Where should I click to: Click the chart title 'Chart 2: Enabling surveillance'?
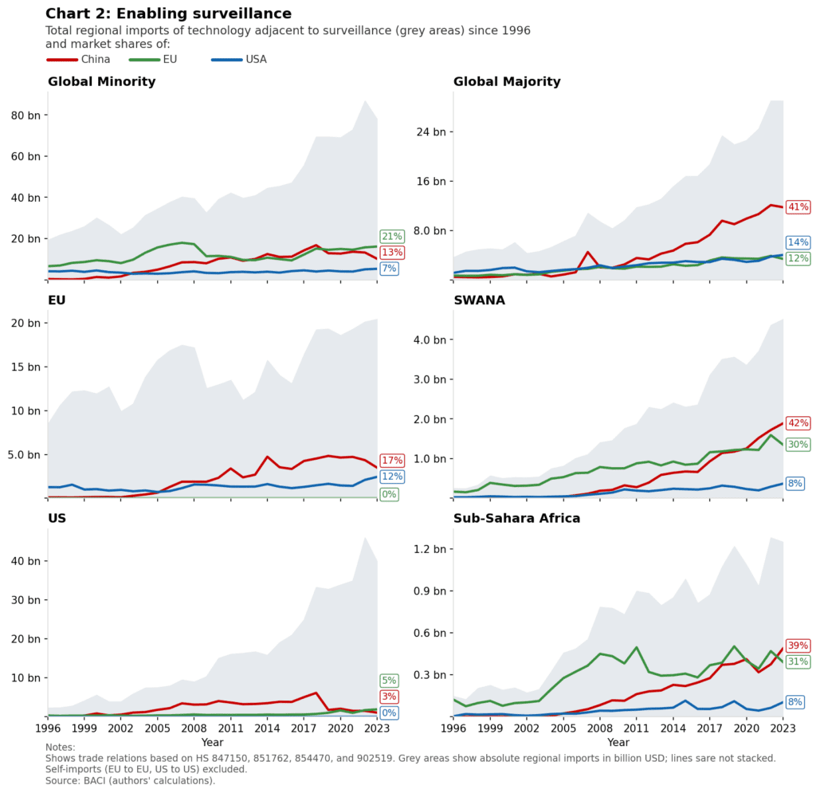168,14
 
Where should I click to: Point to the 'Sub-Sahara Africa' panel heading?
516,518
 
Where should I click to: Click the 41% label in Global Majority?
798,207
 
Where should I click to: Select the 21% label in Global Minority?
392,237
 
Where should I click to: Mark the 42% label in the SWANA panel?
798,423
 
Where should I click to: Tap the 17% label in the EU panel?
392,461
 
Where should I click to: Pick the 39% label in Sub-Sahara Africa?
798,646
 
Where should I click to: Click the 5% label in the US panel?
389,681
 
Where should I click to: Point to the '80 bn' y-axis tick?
25,115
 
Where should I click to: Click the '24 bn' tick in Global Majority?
430,132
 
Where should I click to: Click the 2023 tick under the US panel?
377,728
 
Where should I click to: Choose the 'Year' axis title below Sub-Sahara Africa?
618,742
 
